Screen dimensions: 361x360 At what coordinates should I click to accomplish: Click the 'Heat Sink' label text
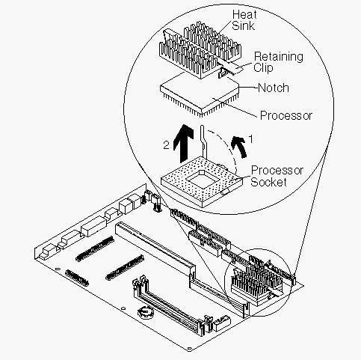244,20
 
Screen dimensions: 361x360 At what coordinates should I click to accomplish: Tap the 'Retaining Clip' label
278,62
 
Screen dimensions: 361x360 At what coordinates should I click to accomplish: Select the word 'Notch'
274,88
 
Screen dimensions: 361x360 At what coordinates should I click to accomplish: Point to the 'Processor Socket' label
277,176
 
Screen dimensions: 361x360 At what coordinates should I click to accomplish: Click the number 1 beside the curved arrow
251,139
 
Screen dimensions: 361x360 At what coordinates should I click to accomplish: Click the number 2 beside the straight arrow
166,145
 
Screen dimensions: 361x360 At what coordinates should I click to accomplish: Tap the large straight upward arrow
183,143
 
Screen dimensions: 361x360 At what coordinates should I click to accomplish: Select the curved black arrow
240,147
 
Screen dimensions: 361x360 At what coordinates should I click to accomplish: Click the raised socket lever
204,141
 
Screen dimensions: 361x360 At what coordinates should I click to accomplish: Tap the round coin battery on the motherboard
146,312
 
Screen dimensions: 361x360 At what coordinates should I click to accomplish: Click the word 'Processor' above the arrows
286,115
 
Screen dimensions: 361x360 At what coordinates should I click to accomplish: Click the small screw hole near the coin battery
123,308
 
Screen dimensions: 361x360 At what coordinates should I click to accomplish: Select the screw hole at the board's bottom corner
190,349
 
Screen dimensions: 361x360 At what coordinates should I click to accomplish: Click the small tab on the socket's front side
225,192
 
